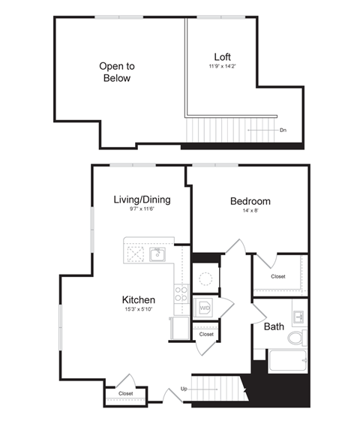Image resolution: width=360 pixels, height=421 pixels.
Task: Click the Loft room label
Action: [222, 57]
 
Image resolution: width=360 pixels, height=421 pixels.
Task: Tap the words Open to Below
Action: [115, 72]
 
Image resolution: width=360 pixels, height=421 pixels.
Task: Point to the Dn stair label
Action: [283, 131]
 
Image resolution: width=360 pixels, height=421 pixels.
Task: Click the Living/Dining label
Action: [142, 200]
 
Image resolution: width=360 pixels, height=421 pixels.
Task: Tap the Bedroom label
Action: [250, 201]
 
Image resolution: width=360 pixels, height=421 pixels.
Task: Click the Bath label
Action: [273, 327]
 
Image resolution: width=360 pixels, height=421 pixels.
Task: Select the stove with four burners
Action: [181, 293]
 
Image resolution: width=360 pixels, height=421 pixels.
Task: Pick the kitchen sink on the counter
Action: [157, 254]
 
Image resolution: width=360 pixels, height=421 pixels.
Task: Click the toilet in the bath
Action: [297, 337]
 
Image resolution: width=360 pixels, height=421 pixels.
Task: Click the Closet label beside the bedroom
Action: [278, 276]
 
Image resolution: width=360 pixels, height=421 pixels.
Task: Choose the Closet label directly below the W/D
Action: [205, 334]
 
